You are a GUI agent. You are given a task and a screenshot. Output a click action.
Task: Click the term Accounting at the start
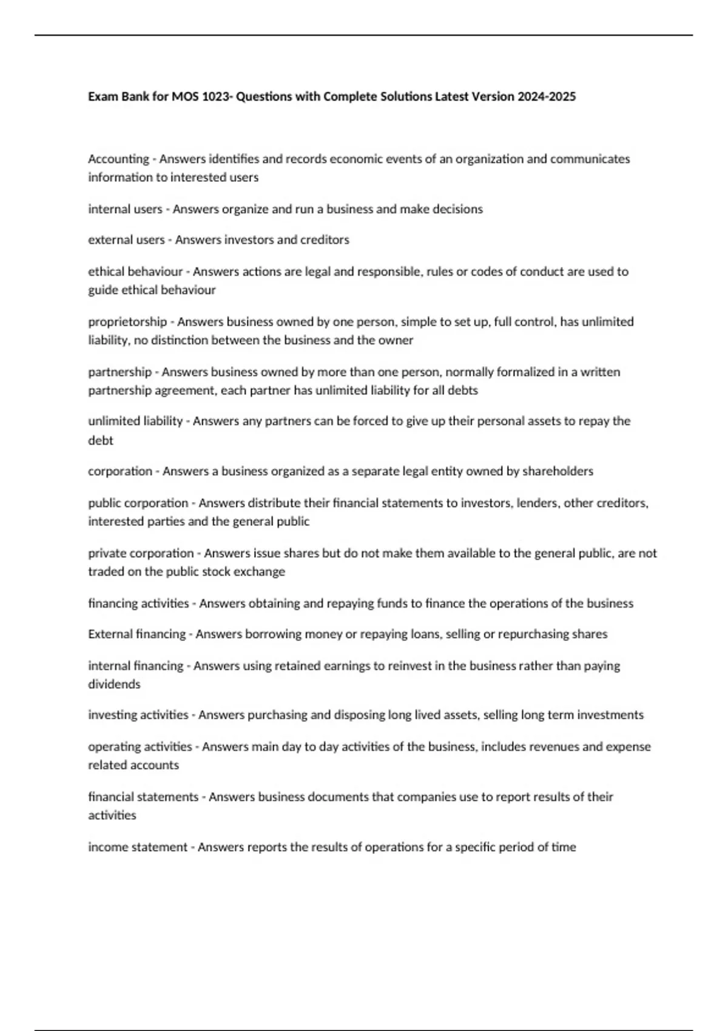(x=118, y=159)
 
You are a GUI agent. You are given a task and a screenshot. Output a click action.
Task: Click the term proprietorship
(x=127, y=321)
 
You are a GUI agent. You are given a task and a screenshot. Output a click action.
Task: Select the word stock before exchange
(x=223, y=571)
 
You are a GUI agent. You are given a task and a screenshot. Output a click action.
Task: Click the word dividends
(x=114, y=684)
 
